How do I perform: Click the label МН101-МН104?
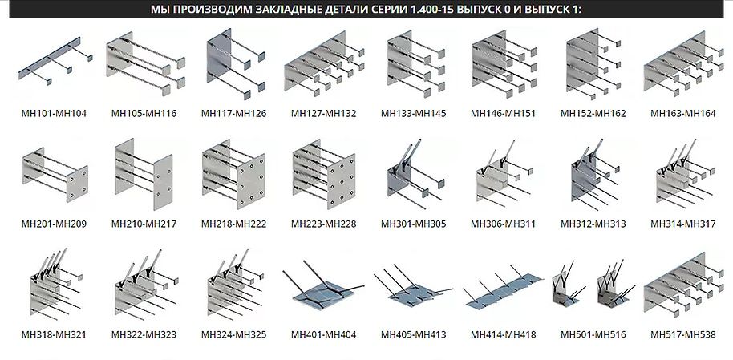(54, 114)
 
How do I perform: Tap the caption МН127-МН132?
(323, 114)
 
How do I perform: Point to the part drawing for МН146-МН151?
(504, 64)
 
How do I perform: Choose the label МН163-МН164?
(683, 114)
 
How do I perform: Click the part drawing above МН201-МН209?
(55, 175)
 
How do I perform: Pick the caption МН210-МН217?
(144, 224)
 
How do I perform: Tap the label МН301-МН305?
(414, 224)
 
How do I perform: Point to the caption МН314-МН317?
(683, 224)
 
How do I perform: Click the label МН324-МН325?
(233, 335)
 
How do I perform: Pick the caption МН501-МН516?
(593, 335)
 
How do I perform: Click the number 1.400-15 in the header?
(431, 9)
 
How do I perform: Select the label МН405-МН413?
(414, 335)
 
